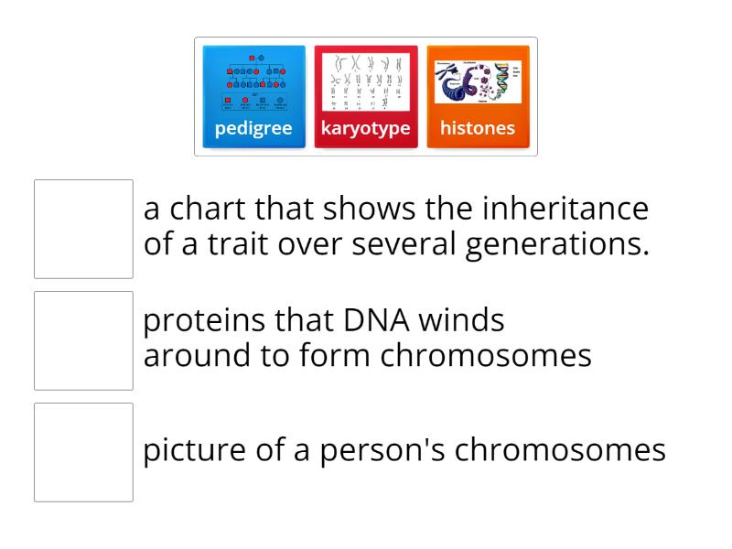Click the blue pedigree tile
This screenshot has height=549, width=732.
[253, 96]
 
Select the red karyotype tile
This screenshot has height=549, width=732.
[366, 96]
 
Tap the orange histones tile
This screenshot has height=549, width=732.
[478, 96]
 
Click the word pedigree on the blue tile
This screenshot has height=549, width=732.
[253, 128]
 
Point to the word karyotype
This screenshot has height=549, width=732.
[366, 128]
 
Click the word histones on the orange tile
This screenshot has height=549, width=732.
[478, 128]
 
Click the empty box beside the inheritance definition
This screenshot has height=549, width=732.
[83, 229]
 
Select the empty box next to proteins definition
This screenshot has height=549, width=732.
[83, 340]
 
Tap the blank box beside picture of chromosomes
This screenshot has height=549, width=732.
[83, 452]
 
